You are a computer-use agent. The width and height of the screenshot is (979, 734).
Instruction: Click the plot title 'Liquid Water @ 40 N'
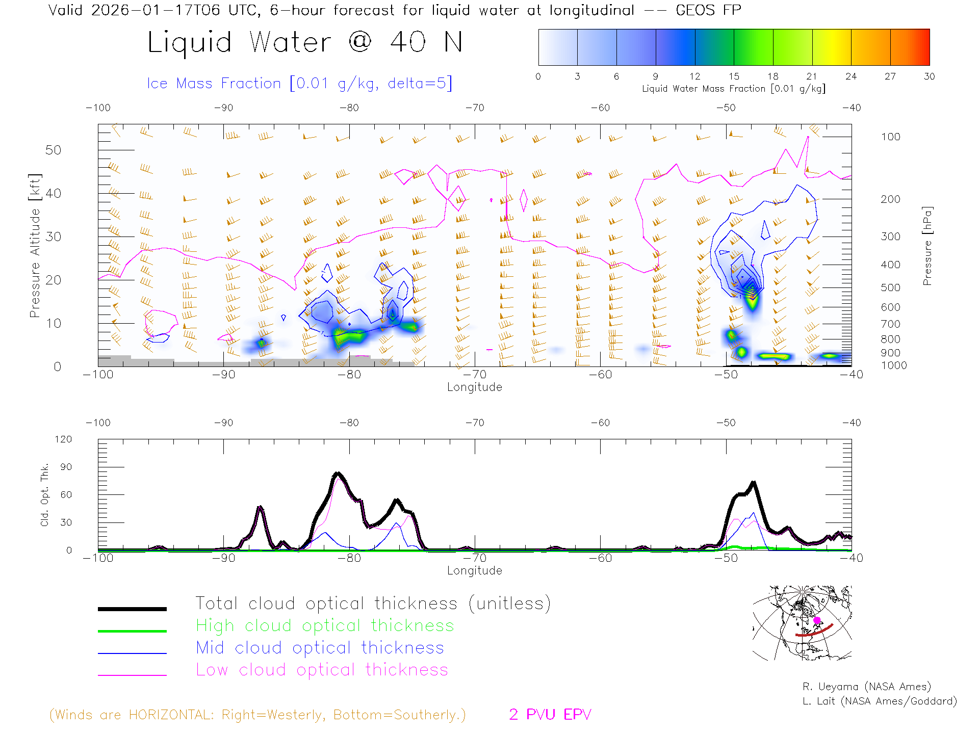pos(305,42)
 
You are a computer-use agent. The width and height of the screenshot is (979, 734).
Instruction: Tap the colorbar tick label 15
pos(734,76)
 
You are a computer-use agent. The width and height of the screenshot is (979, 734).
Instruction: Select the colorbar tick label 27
pos(890,76)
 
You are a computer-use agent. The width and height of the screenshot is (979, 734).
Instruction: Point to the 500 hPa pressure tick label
pos(890,287)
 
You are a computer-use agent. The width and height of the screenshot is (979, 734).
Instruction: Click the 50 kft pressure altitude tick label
pos(53,150)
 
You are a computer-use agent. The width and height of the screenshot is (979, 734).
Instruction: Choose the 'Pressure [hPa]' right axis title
pos(928,246)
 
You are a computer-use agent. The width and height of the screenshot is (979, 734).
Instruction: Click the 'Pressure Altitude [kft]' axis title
pos(35,246)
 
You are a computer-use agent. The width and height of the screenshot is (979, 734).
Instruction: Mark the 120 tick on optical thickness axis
pos(63,439)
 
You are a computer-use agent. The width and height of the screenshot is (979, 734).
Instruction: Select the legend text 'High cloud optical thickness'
pos(325,625)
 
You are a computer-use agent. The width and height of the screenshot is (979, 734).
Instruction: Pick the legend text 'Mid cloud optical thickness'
pos(320,648)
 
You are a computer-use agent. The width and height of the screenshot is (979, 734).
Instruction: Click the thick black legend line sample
pos(132,609)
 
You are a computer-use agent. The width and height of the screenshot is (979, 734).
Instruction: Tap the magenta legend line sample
pos(132,675)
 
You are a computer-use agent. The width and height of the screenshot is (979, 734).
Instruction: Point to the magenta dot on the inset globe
pos(817,620)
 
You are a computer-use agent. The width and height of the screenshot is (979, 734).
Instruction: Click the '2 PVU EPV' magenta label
pos(550,715)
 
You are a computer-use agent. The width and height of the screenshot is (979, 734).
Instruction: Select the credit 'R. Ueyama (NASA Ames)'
pos(866,687)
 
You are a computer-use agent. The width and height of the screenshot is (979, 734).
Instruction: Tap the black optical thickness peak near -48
pos(753,482)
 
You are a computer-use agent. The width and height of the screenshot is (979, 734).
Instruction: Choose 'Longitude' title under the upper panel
pos(474,387)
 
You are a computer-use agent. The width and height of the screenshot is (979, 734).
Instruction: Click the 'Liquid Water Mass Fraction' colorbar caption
pos(733,89)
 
